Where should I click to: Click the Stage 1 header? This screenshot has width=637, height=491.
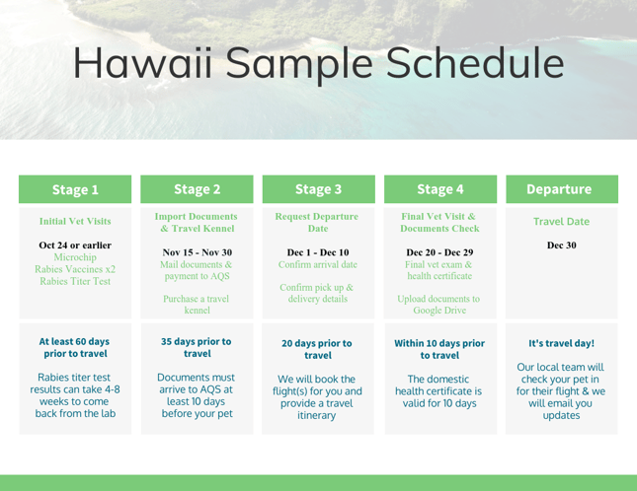(x=75, y=189)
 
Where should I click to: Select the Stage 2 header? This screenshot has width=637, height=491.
(x=197, y=189)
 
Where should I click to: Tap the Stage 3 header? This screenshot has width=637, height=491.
(x=318, y=189)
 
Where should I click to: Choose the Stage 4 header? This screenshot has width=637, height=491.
(x=439, y=189)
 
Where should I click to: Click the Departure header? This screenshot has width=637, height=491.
(x=560, y=189)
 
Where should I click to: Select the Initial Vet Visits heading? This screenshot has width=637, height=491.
(x=75, y=222)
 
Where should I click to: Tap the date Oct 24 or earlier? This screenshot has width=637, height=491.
(x=75, y=245)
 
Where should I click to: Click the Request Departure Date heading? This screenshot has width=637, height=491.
(x=318, y=222)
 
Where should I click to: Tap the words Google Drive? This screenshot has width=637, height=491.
(x=439, y=310)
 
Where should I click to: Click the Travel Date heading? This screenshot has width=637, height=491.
(x=560, y=223)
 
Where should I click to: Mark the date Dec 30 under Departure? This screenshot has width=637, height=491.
(x=560, y=245)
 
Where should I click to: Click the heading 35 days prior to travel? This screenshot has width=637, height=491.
(x=197, y=347)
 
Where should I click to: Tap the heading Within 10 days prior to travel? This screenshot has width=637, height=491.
(x=439, y=349)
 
